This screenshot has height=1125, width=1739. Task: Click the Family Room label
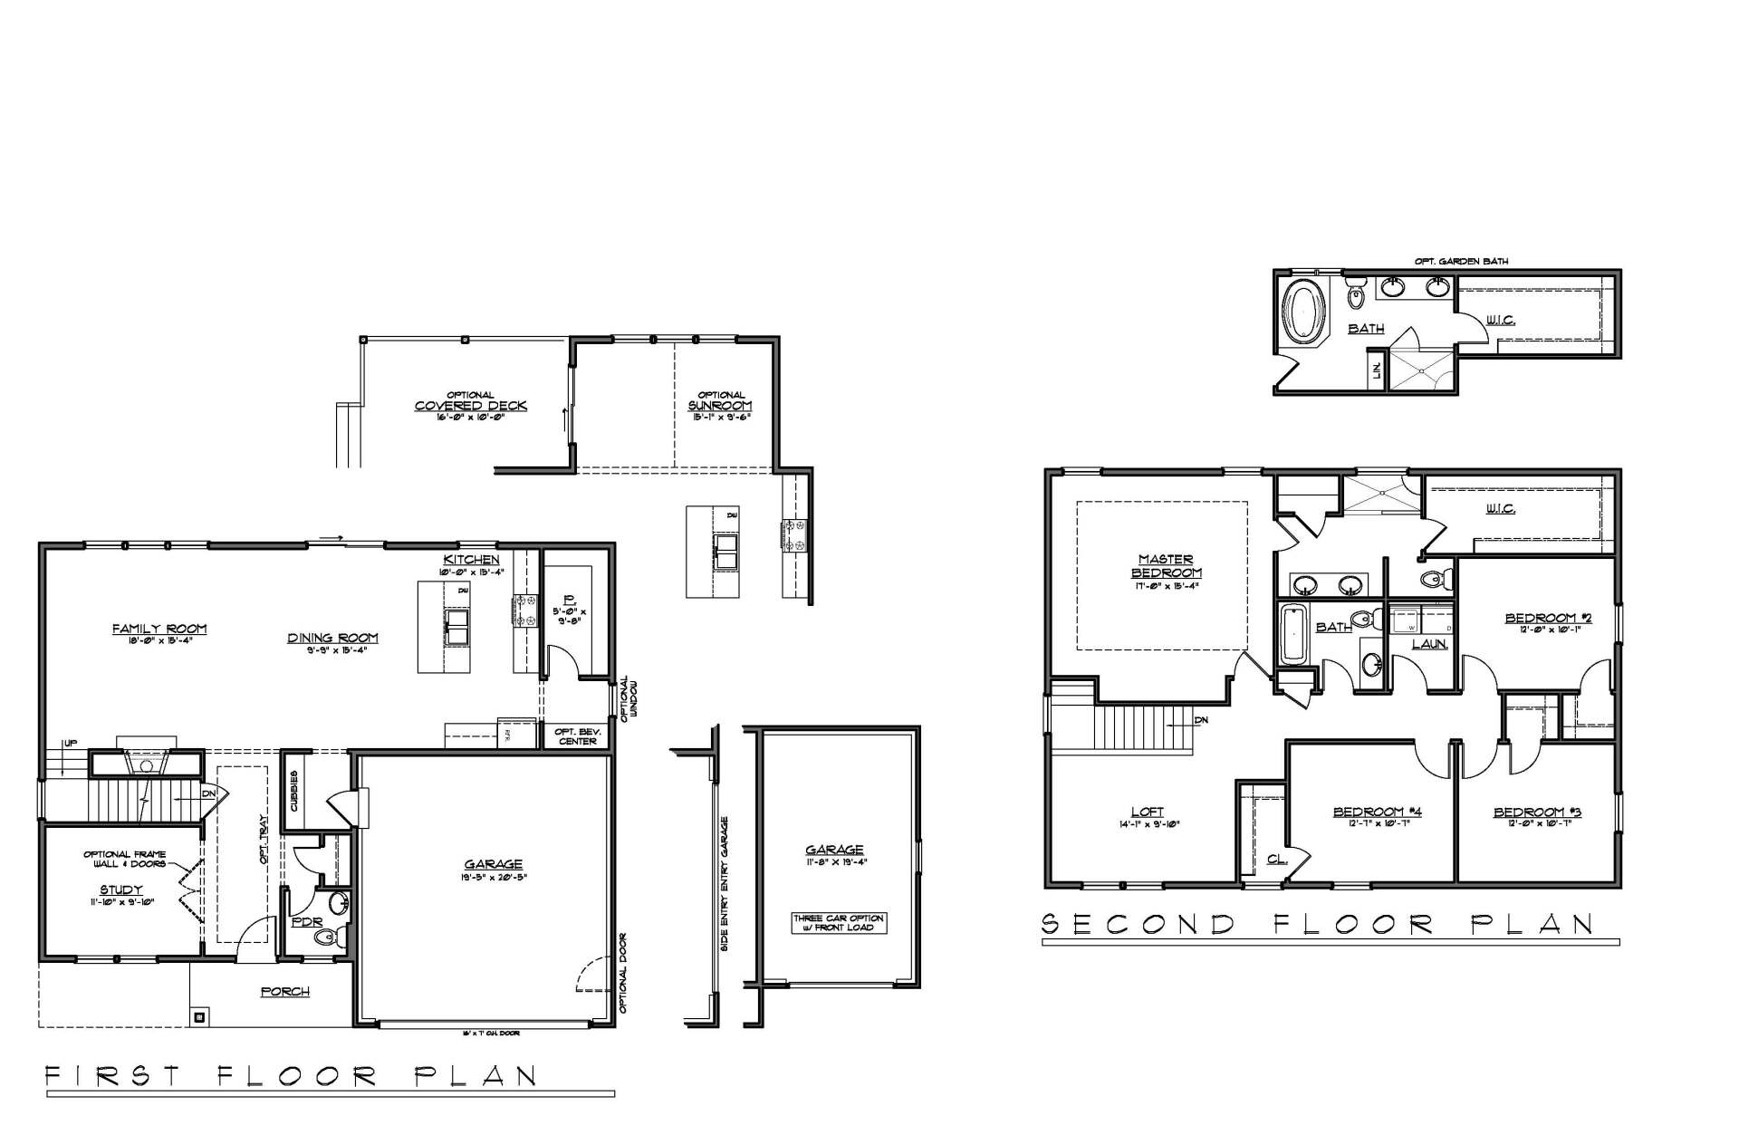pyautogui.click(x=159, y=629)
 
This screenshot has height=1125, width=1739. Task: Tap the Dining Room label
pyautogui.click(x=332, y=638)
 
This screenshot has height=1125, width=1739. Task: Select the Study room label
pyautogui.click(x=120, y=890)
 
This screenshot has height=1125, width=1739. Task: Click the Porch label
pyautogui.click(x=285, y=992)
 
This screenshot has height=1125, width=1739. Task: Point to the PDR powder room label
pyautogui.click(x=302, y=923)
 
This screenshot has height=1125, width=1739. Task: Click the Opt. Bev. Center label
pyautogui.click(x=577, y=736)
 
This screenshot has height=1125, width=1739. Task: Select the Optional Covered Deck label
pyautogui.click(x=470, y=406)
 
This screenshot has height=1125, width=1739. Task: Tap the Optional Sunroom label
pyautogui.click(x=720, y=406)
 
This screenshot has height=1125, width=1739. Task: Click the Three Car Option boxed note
pyautogui.click(x=839, y=922)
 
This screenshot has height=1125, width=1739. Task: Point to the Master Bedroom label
pyautogui.click(x=1166, y=566)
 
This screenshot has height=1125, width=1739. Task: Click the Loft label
pyautogui.click(x=1147, y=812)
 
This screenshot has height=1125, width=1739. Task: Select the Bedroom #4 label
pyautogui.click(x=1377, y=812)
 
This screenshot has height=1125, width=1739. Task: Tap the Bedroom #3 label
pyautogui.click(x=1537, y=812)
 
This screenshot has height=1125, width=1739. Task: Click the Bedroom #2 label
pyautogui.click(x=1548, y=619)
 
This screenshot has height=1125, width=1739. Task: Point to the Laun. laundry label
pyautogui.click(x=1430, y=645)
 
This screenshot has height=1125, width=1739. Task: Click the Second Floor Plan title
pyautogui.click(x=1318, y=924)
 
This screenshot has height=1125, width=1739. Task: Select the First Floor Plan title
pyautogui.click(x=292, y=1076)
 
